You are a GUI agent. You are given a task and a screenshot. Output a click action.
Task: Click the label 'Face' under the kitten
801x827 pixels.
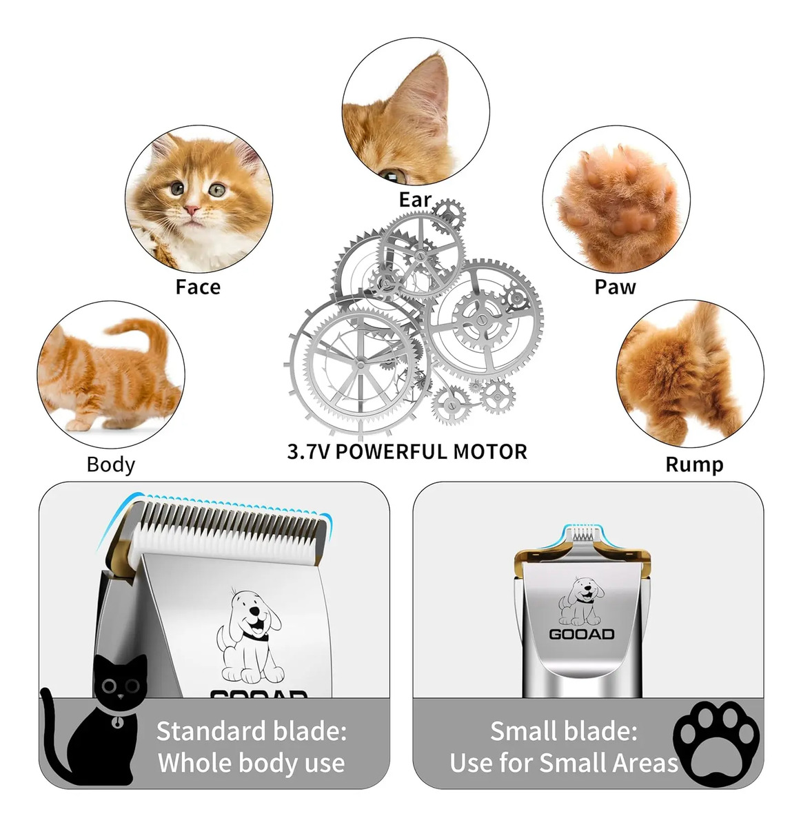point(198,287)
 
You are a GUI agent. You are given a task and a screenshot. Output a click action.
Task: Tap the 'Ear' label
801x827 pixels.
point(414,200)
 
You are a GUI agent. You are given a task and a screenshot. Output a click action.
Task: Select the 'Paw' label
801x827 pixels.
point(615,287)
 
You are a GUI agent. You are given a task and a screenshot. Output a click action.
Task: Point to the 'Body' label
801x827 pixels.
point(110,464)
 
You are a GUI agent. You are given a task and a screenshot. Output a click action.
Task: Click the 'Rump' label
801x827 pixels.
point(694,464)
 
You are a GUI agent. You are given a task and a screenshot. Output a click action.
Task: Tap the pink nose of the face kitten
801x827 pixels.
point(192,210)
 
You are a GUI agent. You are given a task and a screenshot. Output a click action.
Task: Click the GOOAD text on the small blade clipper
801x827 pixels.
point(581,635)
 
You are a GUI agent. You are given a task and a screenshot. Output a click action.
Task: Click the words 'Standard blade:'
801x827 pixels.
point(252,731)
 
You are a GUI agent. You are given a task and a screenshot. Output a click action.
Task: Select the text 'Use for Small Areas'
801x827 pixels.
point(564,763)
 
